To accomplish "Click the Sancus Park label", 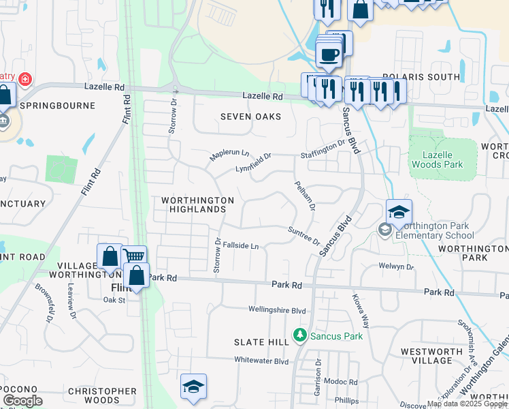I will tap(336, 335).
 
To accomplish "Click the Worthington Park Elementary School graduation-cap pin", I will tap(399, 211).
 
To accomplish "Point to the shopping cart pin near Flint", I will tap(135, 256).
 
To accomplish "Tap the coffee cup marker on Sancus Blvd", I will tap(329, 54).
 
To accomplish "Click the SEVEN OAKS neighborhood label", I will tap(250, 117).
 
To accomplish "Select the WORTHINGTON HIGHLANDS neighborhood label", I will tap(197, 204).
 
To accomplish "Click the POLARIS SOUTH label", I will tap(421, 77).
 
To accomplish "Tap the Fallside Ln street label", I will tap(242, 245).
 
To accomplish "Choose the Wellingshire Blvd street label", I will tap(277, 310).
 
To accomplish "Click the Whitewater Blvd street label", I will tap(261, 361).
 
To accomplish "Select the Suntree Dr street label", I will tap(303, 236).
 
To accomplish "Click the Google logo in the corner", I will tap(22, 402).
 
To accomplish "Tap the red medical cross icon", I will tap(25, 80).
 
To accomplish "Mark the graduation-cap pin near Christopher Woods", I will tap(193, 387).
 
